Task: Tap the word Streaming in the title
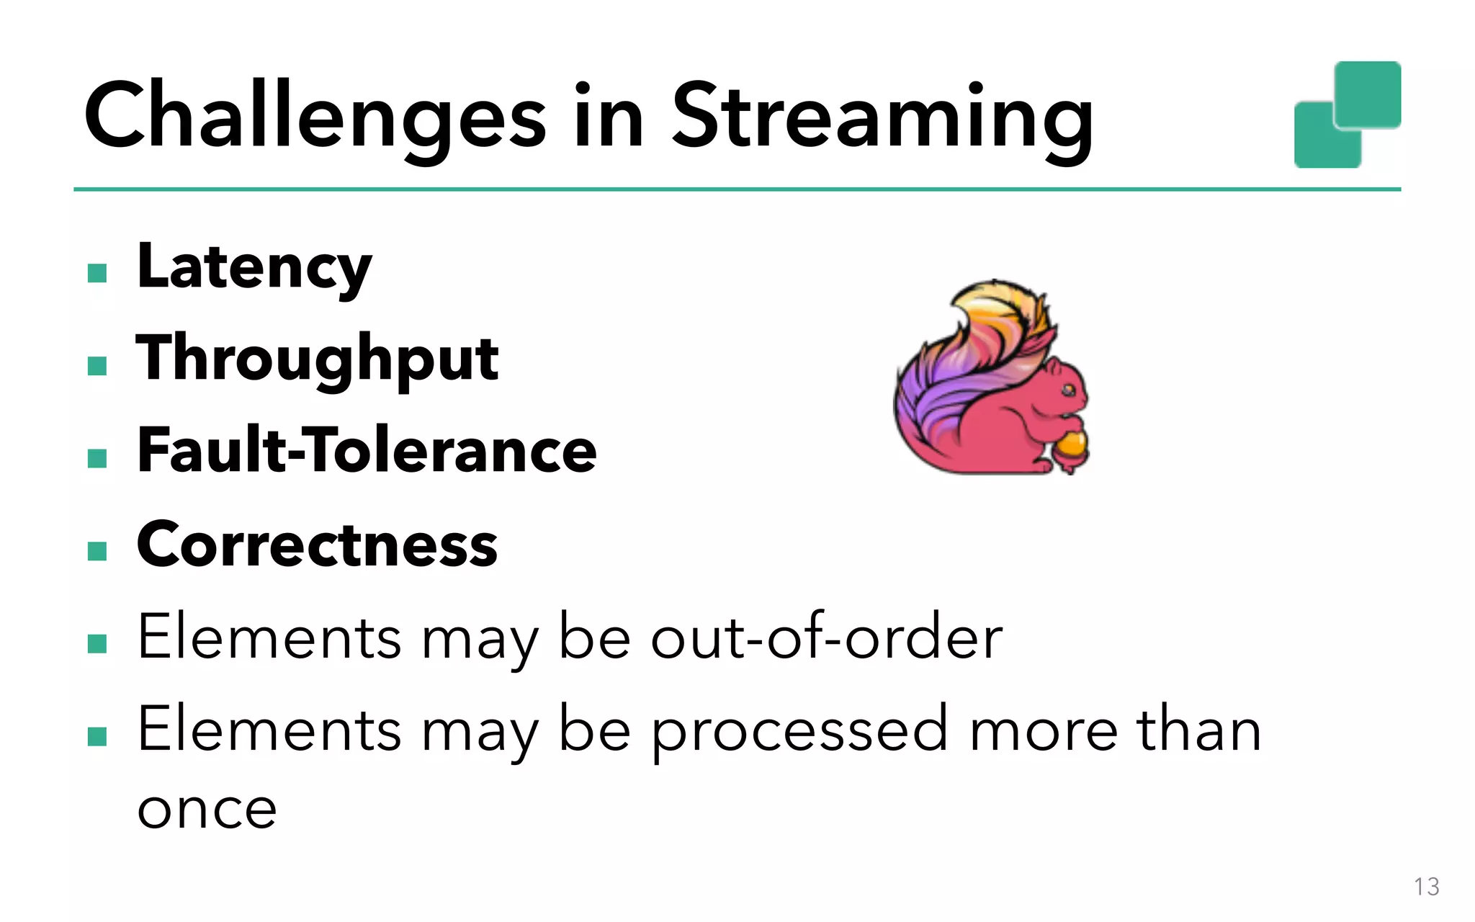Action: [882, 119]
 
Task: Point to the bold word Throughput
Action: [317, 359]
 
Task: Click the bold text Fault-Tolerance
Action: [367, 451]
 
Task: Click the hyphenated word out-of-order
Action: [826, 637]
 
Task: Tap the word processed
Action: [799, 731]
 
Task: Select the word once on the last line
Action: [207, 810]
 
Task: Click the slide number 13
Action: [1426, 887]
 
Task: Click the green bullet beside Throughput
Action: [97, 366]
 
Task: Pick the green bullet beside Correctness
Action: [97, 551]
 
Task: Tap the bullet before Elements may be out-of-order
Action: [97, 643]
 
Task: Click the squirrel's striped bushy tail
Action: [965, 360]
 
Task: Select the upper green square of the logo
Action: [1368, 94]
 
